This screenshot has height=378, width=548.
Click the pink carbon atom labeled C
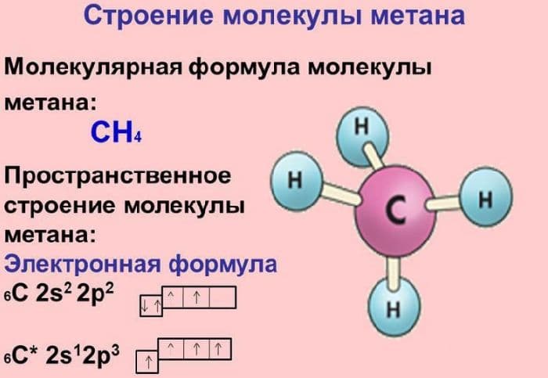tap(395, 209)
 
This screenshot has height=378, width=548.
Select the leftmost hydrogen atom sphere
tap(295, 179)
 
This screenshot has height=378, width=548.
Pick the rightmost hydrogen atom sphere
tap(485, 200)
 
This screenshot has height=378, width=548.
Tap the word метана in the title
tap(414, 16)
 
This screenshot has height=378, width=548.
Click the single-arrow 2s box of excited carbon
tap(146, 362)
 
